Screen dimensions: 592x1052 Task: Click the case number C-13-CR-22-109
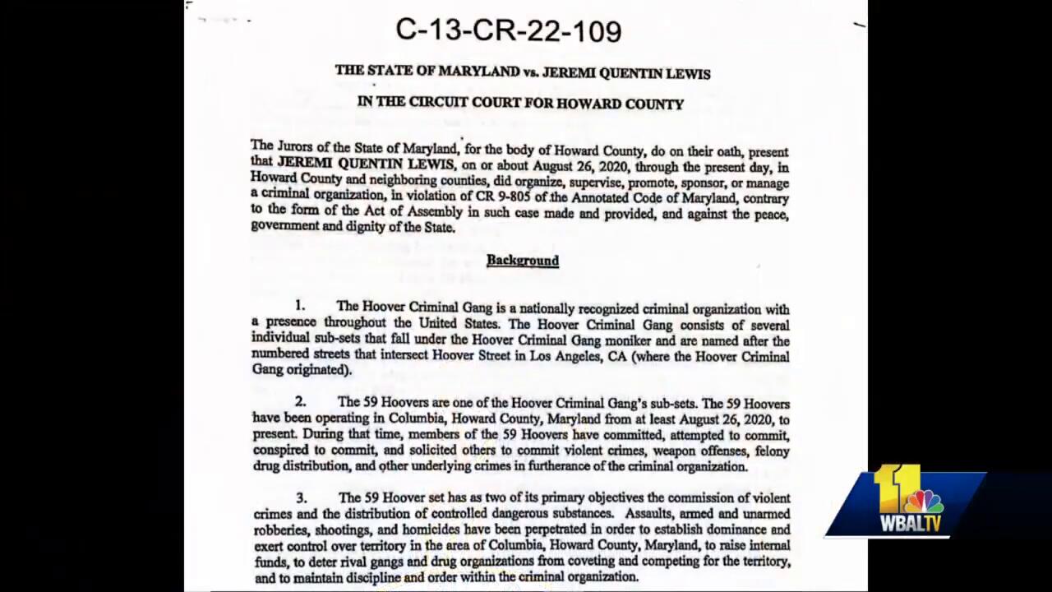click(508, 30)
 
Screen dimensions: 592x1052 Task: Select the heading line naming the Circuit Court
click(520, 104)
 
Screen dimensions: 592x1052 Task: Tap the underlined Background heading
click(522, 261)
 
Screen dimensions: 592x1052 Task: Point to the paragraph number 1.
click(300, 307)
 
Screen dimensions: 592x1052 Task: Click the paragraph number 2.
click(301, 402)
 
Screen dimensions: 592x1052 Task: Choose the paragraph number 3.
click(302, 497)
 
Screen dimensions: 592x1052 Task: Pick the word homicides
click(430, 530)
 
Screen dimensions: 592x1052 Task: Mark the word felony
click(770, 451)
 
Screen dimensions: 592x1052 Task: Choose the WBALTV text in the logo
click(911, 524)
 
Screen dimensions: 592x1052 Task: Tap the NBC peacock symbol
click(924, 501)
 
